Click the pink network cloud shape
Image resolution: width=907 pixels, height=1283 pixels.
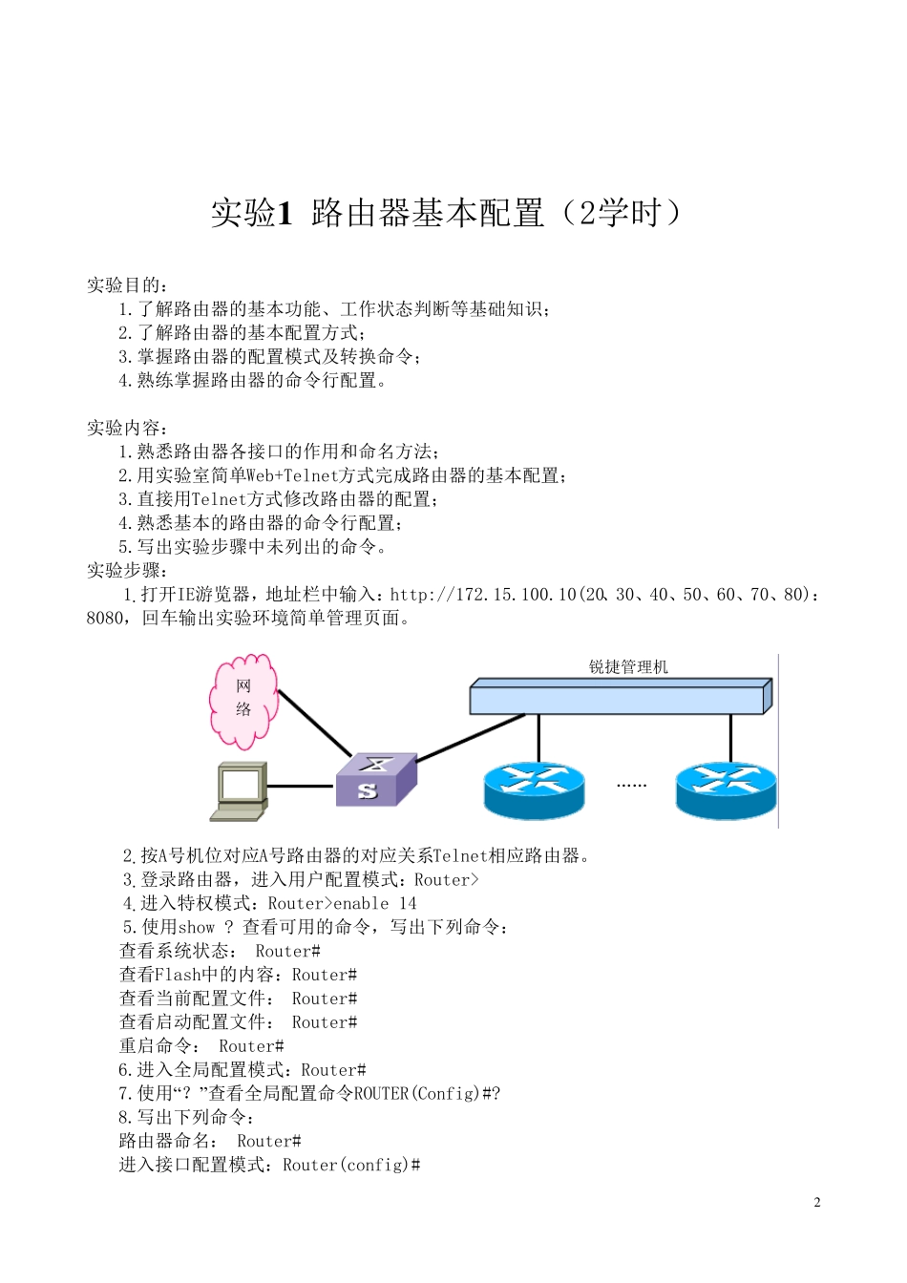244,700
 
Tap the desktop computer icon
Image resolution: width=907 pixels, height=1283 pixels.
240,790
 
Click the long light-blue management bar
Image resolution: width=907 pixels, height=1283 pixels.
620,696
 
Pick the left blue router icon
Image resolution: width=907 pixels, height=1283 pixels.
534,789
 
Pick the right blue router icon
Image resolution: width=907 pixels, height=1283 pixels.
726,789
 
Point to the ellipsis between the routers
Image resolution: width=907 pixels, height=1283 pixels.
631,785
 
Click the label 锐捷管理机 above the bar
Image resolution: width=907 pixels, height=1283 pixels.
628,667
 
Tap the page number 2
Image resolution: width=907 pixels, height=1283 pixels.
816,1202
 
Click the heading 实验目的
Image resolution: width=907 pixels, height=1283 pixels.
128,284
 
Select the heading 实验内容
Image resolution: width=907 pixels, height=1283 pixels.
128,428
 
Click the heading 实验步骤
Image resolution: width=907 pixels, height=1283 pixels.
128,571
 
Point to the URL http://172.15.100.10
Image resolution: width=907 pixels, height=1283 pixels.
483,595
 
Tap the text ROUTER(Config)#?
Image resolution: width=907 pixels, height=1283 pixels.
428,1093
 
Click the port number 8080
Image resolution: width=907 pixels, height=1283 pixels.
105,619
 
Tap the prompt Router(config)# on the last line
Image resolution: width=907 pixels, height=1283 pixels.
351,1165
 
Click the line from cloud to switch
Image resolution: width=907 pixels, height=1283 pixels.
314,723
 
